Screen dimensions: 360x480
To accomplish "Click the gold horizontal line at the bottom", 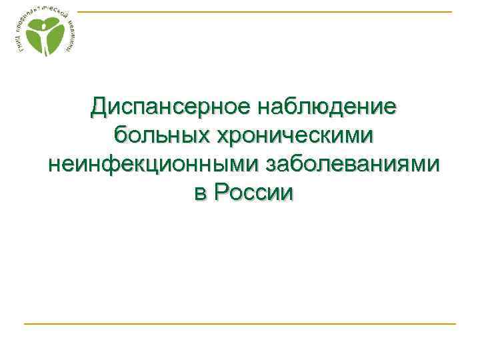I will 240,323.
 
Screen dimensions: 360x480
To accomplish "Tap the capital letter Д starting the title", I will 99,105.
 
